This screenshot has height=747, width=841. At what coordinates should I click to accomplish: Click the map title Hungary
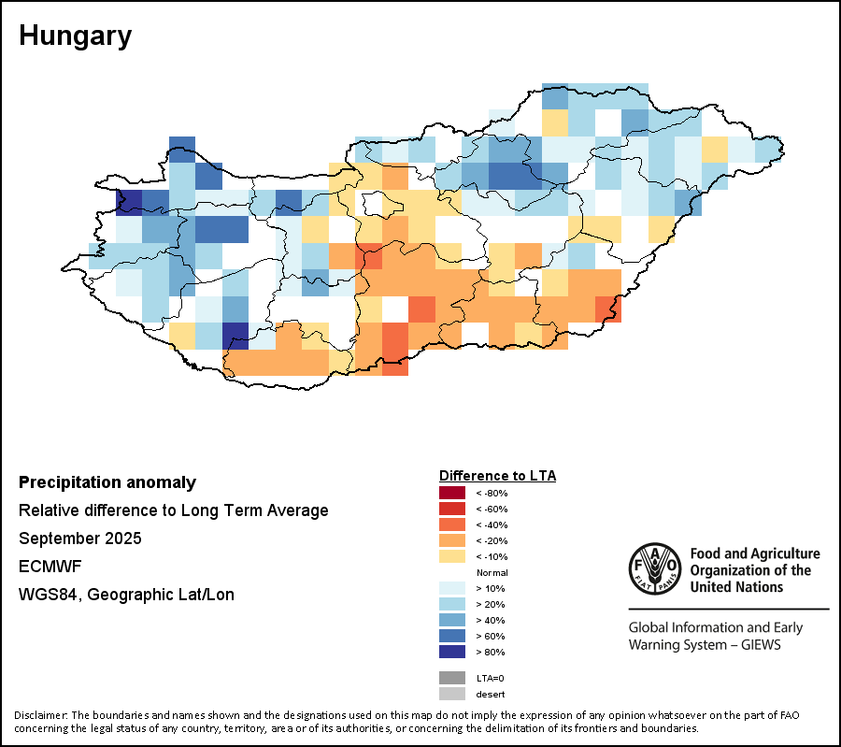click(x=75, y=36)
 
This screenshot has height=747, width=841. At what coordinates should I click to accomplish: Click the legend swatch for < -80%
click(x=451, y=493)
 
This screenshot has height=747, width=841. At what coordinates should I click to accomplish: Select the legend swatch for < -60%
click(x=451, y=509)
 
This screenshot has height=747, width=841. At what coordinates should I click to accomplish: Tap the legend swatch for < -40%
click(x=451, y=524)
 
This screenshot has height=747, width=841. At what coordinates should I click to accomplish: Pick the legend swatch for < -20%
click(x=451, y=540)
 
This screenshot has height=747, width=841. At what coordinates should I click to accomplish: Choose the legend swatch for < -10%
click(x=451, y=556)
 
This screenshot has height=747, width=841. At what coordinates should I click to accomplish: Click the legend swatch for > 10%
click(x=451, y=588)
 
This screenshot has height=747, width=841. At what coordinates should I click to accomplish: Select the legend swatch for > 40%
click(x=451, y=620)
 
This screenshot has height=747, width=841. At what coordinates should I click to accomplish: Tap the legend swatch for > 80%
click(x=451, y=652)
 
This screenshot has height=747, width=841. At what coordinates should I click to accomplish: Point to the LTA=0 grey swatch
click(x=451, y=678)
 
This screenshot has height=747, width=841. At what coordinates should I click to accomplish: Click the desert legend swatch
click(x=451, y=694)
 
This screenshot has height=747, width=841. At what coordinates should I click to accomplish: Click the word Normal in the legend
click(x=492, y=572)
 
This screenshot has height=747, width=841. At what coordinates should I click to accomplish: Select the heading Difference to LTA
click(x=497, y=476)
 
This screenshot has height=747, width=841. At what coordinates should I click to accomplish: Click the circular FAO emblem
click(x=655, y=568)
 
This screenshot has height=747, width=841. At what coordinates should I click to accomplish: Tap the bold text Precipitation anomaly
click(x=107, y=482)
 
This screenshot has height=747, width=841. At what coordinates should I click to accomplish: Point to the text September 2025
click(x=79, y=539)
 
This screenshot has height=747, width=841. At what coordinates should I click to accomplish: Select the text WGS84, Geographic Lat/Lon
click(x=126, y=595)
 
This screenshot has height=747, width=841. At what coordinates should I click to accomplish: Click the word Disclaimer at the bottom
click(x=40, y=715)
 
